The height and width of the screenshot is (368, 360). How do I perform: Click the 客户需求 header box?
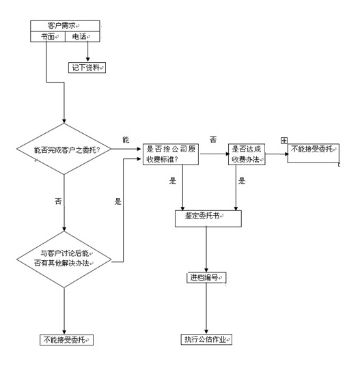[x=65, y=25]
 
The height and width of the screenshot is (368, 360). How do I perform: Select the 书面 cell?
[x=48, y=37]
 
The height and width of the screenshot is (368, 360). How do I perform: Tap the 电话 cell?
[x=83, y=37]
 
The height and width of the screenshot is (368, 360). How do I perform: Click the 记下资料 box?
[x=87, y=68]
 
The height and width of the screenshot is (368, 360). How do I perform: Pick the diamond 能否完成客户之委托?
[x=64, y=149]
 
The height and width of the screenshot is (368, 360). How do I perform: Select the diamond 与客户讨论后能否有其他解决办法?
[x=64, y=259]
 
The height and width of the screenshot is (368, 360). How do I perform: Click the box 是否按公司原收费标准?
[x=171, y=154]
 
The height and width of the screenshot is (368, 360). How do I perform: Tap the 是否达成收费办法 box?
[x=247, y=154]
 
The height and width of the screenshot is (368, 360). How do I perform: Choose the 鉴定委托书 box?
[x=208, y=218]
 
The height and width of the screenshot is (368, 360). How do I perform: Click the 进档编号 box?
[x=206, y=278]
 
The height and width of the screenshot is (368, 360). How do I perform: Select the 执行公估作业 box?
[x=206, y=339]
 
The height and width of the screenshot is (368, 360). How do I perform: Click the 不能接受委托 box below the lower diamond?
[x=66, y=340]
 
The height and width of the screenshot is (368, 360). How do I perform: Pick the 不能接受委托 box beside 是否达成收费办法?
[x=314, y=153]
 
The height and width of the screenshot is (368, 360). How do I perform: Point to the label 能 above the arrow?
[x=126, y=140]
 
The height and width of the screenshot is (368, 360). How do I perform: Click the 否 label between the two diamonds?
[x=58, y=201]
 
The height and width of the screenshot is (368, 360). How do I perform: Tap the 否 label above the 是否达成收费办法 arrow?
[x=213, y=140]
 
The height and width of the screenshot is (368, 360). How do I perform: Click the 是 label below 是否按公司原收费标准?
[x=173, y=181]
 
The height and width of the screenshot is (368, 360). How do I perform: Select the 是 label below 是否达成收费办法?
[x=242, y=181]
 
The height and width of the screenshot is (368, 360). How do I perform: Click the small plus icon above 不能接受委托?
[x=284, y=141]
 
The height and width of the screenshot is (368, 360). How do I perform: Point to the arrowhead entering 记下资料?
[x=88, y=59]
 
